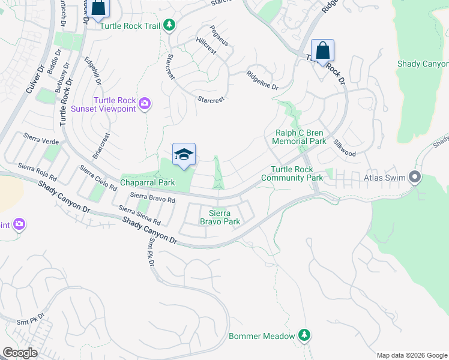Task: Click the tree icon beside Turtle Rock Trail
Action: (x=170, y=25)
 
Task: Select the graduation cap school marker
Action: (x=184, y=155)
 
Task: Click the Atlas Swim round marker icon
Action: (x=414, y=177)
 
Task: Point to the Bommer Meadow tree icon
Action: (x=305, y=334)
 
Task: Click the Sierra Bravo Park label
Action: (x=224, y=217)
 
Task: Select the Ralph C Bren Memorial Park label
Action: (x=299, y=137)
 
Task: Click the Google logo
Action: (x=20, y=352)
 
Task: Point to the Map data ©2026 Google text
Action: (x=411, y=355)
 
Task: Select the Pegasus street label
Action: (x=220, y=36)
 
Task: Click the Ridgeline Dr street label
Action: (x=262, y=81)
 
